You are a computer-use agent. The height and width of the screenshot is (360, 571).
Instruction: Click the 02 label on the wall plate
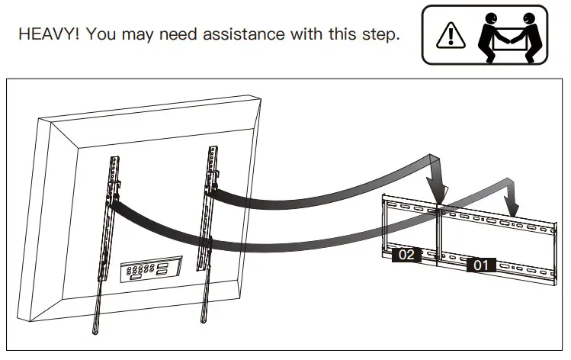click(406, 255)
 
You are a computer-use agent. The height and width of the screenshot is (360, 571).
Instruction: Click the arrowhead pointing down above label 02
click(438, 192)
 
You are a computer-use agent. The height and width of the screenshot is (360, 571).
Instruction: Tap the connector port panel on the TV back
click(151, 270)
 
